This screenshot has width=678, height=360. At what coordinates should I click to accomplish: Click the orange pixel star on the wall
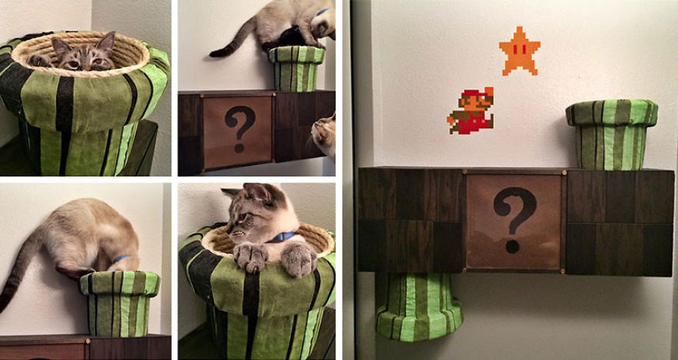(x=519, y=51)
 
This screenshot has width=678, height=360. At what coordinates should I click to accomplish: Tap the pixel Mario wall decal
(x=470, y=111)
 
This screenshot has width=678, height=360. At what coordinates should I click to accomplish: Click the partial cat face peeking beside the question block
(x=324, y=135)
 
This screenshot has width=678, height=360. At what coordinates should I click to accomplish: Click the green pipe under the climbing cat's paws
(x=296, y=69)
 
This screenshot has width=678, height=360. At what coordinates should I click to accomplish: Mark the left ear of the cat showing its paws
(x=231, y=192)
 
